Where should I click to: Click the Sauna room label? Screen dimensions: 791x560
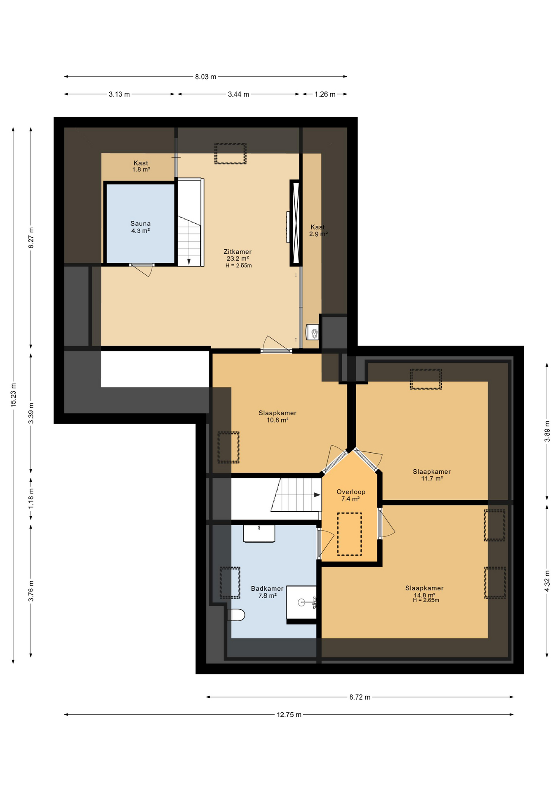[x=140, y=227]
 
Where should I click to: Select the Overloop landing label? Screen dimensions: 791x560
[x=351, y=495]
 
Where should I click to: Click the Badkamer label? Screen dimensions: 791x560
[x=267, y=592]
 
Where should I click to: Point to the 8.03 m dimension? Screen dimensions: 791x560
[x=205, y=77]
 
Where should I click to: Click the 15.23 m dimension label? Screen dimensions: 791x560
[x=13, y=395]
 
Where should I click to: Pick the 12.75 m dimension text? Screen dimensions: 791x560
[x=289, y=715]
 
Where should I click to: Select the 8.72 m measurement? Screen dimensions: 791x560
[x=360, y=697]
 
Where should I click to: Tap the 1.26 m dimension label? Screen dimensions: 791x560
[x=325, y=94]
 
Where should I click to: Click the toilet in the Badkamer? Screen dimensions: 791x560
[x=237, y=615]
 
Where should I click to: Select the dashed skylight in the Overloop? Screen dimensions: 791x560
[x=349, y=534]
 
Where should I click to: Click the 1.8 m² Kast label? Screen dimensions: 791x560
[x=141, y=166]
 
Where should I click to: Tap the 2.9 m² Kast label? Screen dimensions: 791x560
[x=318, y=230]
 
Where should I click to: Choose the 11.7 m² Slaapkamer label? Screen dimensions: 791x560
[x=432, y=475]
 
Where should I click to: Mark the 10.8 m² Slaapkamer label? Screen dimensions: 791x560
[x=278, y=417]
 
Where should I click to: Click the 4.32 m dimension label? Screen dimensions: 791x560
[x=547, y=581]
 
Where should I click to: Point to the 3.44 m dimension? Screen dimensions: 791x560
[x=238, y=94]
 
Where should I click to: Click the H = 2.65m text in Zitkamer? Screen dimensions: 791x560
[x=238, y=266]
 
